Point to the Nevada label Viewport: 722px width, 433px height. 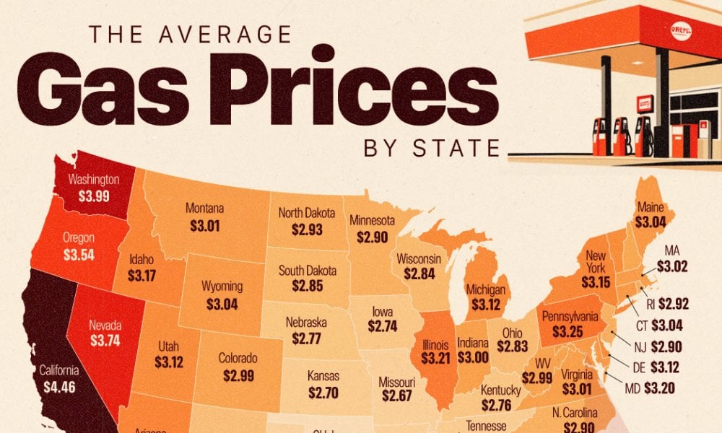pyautogui.click(x=105, y=325)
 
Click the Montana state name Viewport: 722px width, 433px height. pyautogui.click(x=204, y=209)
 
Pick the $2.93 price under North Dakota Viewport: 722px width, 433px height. pyautogui.click(x=307, y=230)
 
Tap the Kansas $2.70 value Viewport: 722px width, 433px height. pyautogui.click(x=323, y=394)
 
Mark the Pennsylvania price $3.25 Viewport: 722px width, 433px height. pyautogui.click(x=570, y=333)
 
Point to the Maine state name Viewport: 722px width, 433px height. pyautogui.click(x=651, y=207)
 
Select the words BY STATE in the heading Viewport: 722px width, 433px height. pyautogui.click(x=432, y=149)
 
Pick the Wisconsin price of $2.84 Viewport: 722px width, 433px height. pyautogui.click(x=419, y=274)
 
